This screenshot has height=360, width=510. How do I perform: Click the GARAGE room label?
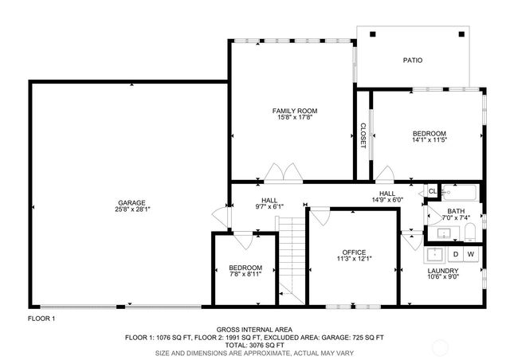(x=128, y=202)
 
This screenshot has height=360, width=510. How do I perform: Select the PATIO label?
(x=412, y=60)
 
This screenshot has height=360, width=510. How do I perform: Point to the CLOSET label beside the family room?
(x=363, y=135)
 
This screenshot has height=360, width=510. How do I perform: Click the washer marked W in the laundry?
(x=470, y=254)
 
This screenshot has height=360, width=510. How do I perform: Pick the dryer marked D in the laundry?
(x=455, y=254)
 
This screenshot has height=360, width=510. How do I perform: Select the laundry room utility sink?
(x=436, y=255)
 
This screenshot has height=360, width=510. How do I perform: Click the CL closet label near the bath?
(x=433, y=191)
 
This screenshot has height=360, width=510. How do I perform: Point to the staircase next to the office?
(x=292, y=255)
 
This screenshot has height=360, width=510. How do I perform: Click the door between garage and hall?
(x=221, y=214)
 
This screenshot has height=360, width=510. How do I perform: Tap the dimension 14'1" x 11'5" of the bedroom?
(x=429, y=140)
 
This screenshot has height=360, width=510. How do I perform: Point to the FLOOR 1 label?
(x=41, y=318)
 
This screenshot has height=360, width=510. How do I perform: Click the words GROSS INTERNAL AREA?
(x=254, y=330)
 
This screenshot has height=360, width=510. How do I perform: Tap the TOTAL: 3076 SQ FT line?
(x=254, y=345)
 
